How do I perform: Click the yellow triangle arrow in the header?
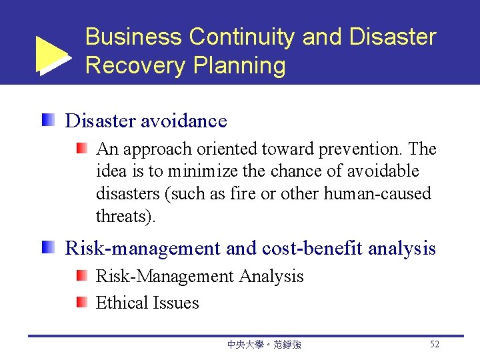[x=52, y=54]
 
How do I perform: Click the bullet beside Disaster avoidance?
[x=48, y=121]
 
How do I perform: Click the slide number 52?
[x=434, y=345]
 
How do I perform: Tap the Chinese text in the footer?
[x=264, y=345]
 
